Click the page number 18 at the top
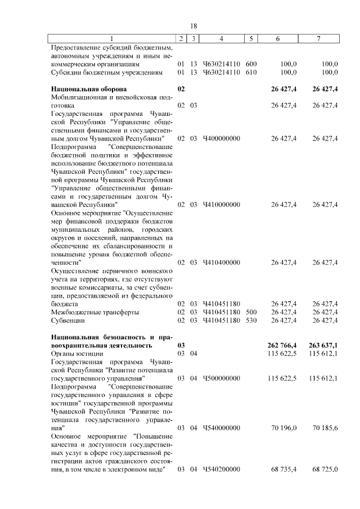(x=193, y=26)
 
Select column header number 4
(x=222, y=39)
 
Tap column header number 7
(x=319, y=39)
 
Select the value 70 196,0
(x=283, y=427)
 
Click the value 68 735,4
(x=283, y=469)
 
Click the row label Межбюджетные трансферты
(x=95, y=312)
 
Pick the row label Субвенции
(x=67, y=320)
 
